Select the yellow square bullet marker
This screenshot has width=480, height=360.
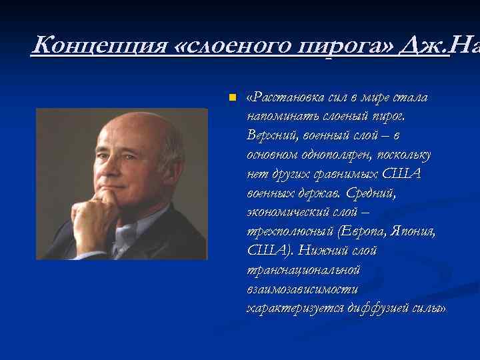[x=232, y=98]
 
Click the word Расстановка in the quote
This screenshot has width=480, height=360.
[x=281, y=98]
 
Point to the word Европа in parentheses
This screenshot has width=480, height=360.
[x=361, y=232]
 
